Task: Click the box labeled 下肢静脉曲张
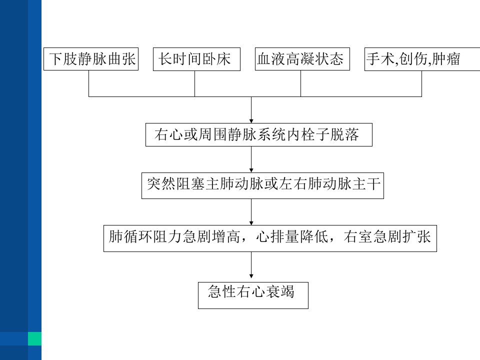point(91,59)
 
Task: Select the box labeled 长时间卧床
point(196,59)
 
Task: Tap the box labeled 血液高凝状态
point(302,59)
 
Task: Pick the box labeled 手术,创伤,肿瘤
point(422,59)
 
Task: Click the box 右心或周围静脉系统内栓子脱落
point(259,134)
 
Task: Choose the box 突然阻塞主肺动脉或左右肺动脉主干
point(262,185)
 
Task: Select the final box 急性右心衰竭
point(253,295)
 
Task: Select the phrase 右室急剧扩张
point(387,236)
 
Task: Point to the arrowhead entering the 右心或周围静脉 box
point(251,121)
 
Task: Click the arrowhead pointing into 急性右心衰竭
point(251,276)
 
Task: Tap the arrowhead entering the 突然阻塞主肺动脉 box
point(251,170)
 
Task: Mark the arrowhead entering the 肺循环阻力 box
point(251,223)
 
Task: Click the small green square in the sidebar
point(34,338)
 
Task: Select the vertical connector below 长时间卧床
point(194,83)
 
